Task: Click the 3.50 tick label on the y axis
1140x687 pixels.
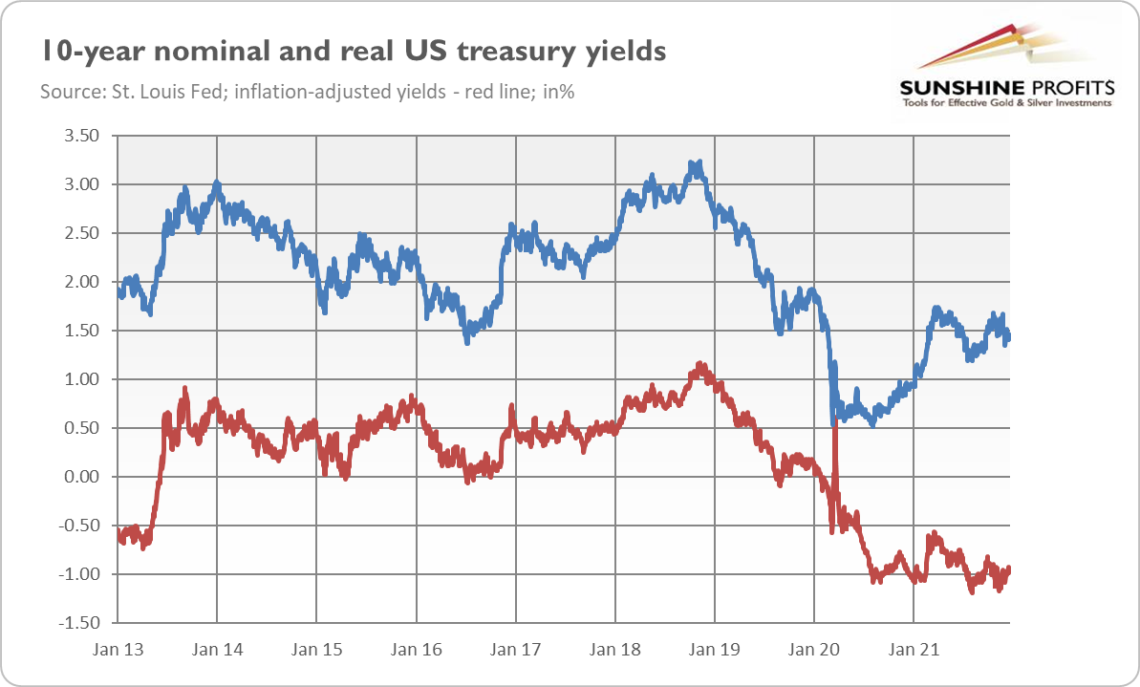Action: coord(80,136)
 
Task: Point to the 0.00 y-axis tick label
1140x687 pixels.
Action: coord(80,477)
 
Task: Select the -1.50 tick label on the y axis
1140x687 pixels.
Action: coord(76,623)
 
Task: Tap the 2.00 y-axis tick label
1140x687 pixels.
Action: coord(80,282)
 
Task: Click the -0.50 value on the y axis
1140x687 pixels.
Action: coord(76,526)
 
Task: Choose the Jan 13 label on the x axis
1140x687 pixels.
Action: coord(118,650)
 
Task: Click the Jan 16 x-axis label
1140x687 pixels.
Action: coord(417,650)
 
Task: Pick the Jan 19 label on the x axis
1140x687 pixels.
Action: coord(715,650)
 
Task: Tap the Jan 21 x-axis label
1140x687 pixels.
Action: coord(914,650)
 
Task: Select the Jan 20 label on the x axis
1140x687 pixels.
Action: coord(814,650)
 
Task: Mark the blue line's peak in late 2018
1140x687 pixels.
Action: coord(700,163)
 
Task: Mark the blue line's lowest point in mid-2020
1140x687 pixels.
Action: coord(872,422)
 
